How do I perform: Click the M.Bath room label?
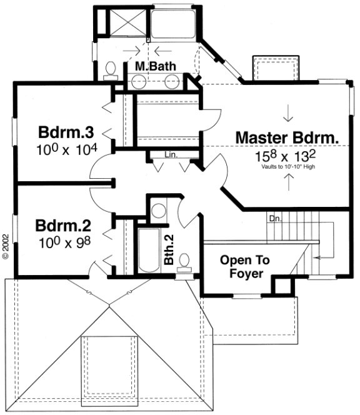point(156,65)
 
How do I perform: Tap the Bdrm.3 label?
point(66,132)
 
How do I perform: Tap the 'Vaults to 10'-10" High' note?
point(287,167)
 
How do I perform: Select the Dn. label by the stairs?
point(275,219)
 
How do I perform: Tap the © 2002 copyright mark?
point(6,246)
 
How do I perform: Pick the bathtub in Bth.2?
point(149,251)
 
